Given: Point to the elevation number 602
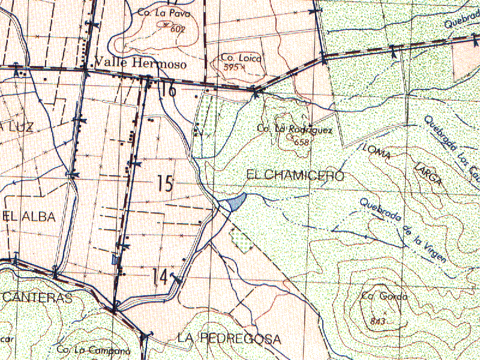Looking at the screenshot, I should click(178, 29).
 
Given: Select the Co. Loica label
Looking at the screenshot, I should click(239, 58).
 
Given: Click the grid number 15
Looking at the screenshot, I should click(165, 184).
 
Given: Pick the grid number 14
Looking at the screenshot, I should click(160, 277).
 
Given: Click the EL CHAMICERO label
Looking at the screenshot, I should click(295, 175).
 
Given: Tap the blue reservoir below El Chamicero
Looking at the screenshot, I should click(233, 203).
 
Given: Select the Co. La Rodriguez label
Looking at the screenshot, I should click(286, 128).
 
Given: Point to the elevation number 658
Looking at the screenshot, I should click(301, 142).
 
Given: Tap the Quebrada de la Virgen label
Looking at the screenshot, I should click(402, 230).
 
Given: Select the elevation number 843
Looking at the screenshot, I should click(378, 320).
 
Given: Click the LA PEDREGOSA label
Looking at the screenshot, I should click(229, 339).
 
